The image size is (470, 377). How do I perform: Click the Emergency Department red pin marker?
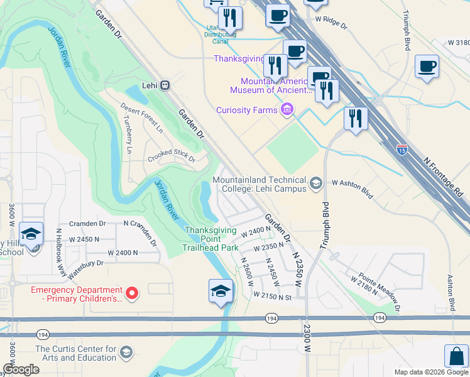pyautogui.click(x=132, y=293)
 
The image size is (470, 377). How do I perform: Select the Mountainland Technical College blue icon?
pyautogui.click(x=316, y=184)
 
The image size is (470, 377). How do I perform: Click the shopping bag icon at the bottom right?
pyautogui.click(x=456, y=356)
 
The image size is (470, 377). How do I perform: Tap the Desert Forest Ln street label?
pyautogui.click(x=142, y=118)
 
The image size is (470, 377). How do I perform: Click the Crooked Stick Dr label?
pyautogui.click(x=172, y=156)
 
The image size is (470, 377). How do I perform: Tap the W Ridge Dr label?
pyautogui.click(x=331, y=22)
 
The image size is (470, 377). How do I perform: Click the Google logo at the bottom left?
pyautogui.click(x=21, y=369)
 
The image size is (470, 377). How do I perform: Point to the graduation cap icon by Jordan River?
pyautogui.click(x=221, y=291)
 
